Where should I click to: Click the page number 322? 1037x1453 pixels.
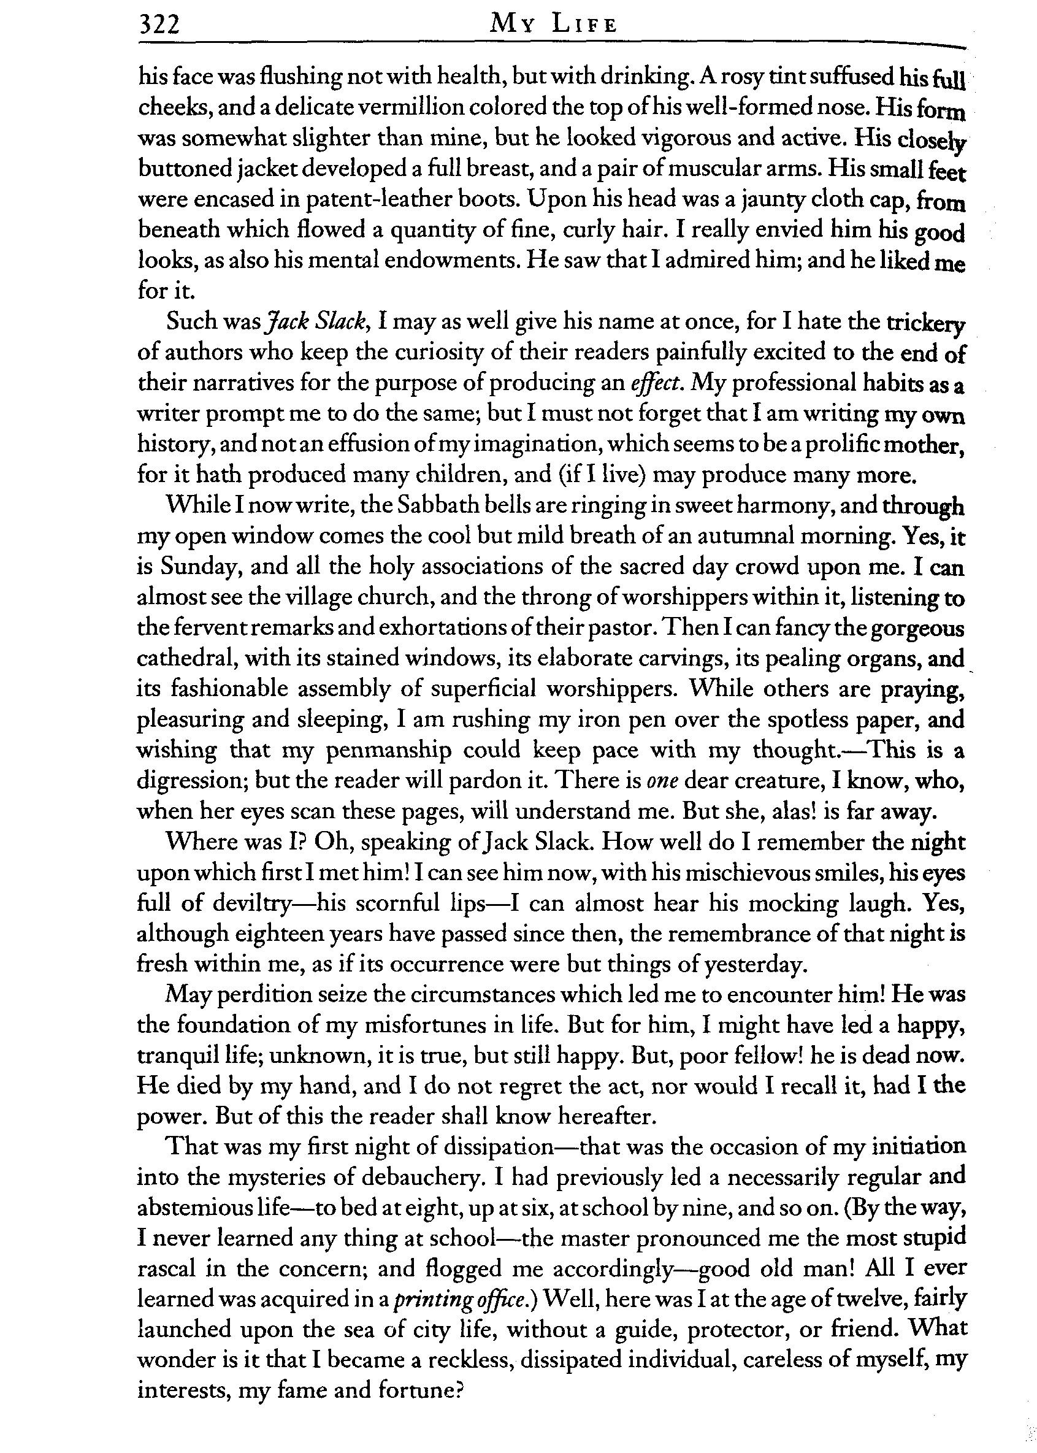pos(159,25)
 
